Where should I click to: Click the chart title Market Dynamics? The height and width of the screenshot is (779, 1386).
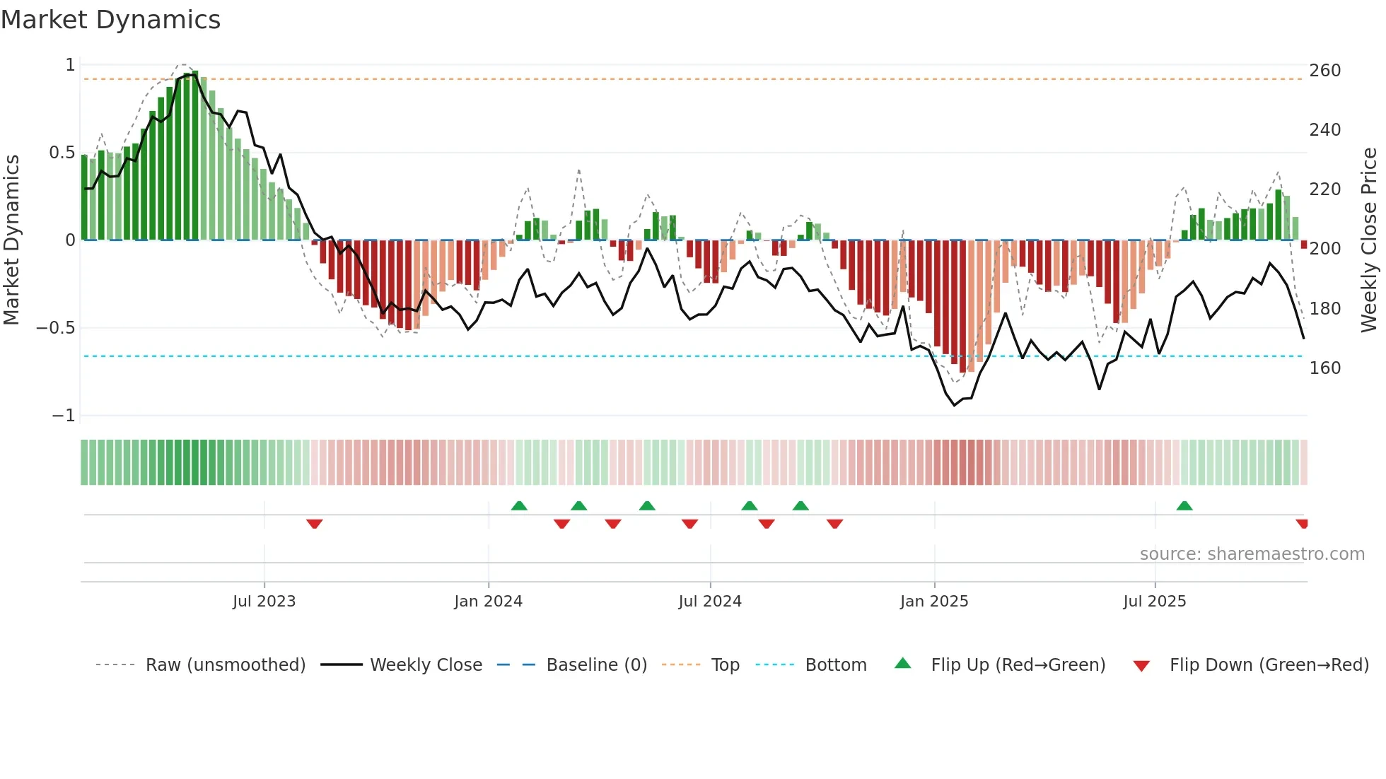[x=110, y=20]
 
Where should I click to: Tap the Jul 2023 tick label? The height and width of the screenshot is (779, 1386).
[x=264, y=602]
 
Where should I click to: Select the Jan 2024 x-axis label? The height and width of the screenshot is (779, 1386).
[x=488, y=602]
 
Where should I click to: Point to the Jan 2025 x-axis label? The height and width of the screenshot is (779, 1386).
[x=933, y=602]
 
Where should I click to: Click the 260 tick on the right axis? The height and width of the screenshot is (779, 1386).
[x=1324, y=71]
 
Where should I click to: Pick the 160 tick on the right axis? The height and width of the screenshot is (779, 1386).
[x=1324, y=368]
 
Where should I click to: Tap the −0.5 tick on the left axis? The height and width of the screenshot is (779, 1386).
[x=55, y=328]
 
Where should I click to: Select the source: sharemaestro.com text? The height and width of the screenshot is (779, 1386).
[x=1252, y=554]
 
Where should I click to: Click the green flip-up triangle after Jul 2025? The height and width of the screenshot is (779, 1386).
[x=1184, y=505]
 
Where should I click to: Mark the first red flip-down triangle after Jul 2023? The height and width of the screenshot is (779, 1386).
[x=315, y=524]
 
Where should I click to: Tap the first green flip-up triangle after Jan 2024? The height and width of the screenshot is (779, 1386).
[x=519, y=505]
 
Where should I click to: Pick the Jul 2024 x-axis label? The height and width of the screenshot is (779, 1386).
[x=709, y=602]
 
